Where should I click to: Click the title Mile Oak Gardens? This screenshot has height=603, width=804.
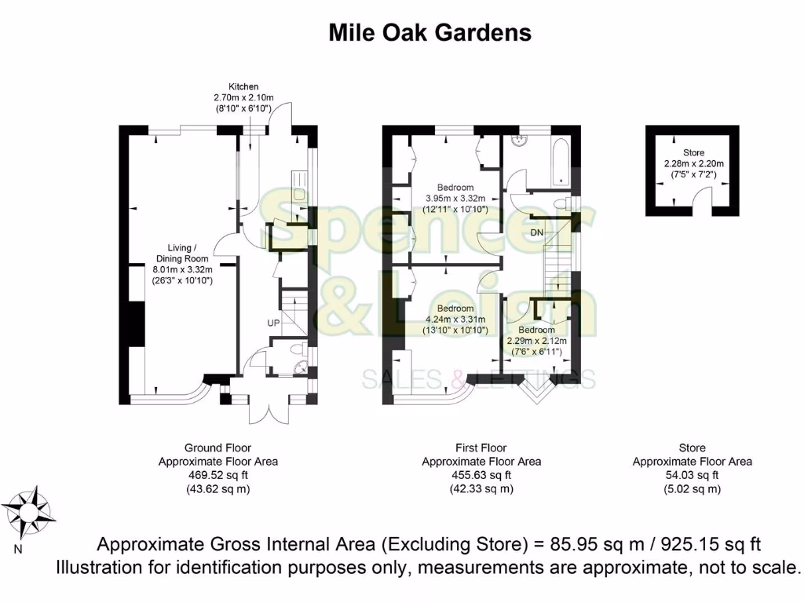[429, 32]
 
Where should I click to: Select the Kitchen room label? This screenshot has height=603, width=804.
[243, 86]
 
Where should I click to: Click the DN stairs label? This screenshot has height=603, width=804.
[537, 233]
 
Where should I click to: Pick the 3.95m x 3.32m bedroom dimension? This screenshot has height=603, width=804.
[455, 199]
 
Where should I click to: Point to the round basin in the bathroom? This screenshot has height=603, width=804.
[518, 141]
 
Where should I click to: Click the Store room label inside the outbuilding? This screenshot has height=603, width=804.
[693, 152]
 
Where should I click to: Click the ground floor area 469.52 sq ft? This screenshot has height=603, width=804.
[217, 475]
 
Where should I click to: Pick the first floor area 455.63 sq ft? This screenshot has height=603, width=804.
[481, 475]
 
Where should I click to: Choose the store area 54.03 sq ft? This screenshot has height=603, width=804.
[693, 475]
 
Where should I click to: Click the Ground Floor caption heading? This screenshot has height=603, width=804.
[217, 448]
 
